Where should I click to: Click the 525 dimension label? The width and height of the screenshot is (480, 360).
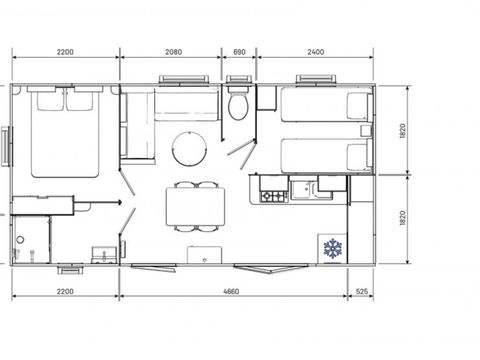click(364, 292)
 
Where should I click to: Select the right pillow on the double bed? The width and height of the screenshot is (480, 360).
click(80, 99)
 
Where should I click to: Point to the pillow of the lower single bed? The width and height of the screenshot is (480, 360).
click(358, 155)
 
